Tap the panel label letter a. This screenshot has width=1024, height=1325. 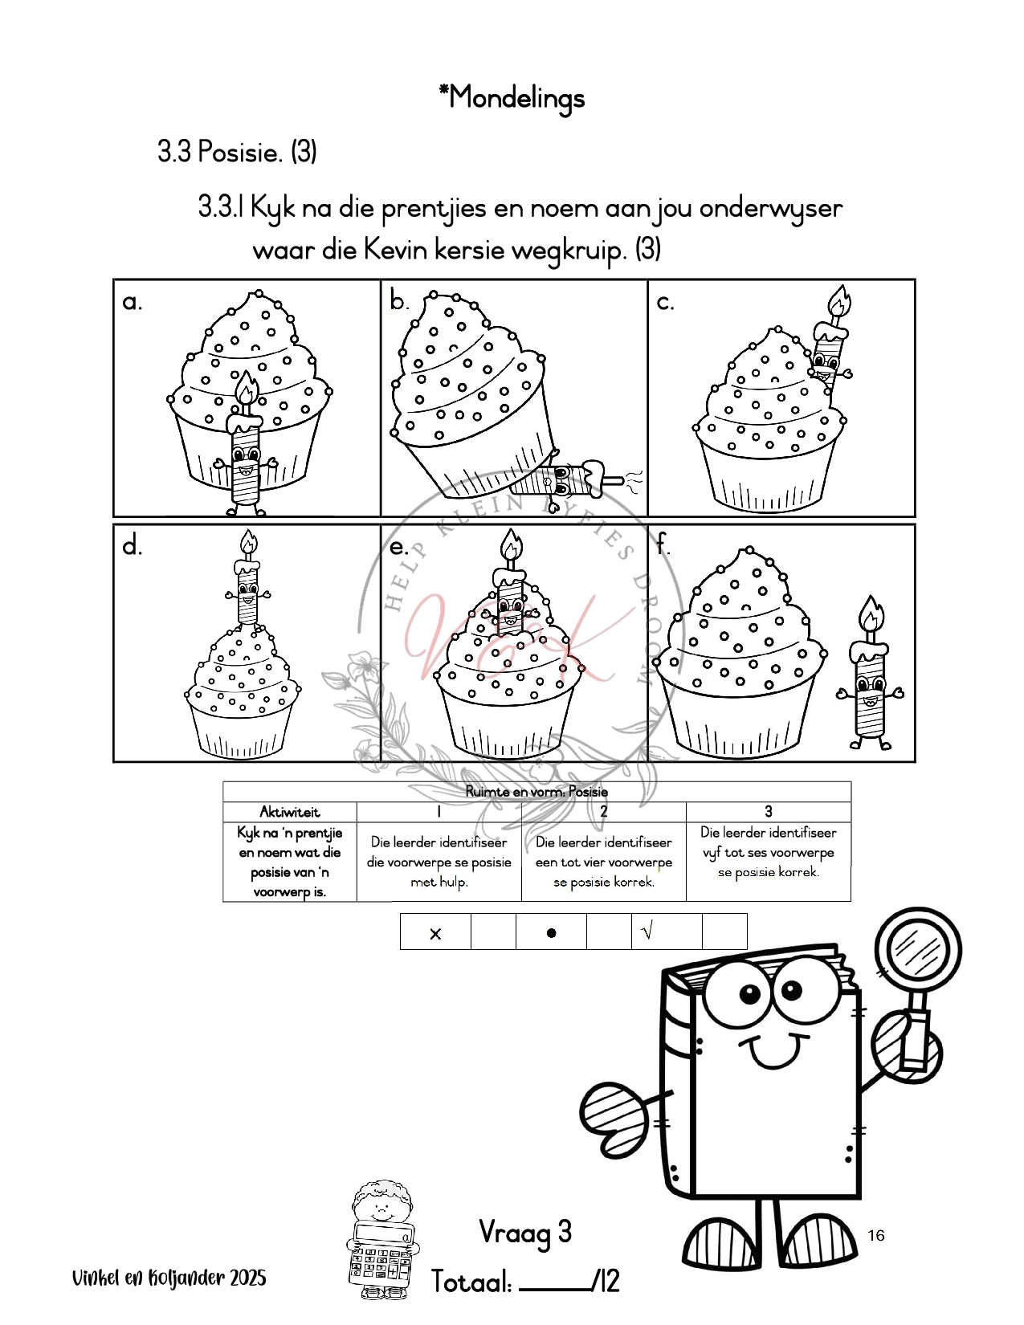coord(132,302)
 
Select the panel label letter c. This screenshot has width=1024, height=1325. coord(665,302)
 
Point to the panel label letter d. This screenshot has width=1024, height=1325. coord(132,546)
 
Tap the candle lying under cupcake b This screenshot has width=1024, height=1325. coord(566,480)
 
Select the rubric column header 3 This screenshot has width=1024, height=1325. coord(768,811)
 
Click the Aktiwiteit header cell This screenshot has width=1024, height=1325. coord(289,811)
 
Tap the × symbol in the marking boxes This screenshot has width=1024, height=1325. coord(435,933)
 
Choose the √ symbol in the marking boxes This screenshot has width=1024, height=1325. coord(647,932)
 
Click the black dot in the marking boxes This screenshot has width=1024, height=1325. coord(551,933)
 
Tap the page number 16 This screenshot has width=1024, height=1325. coord(875,1235)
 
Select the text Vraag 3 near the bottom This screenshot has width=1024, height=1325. coord(525,1232)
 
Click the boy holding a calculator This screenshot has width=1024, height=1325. coord(382,1238)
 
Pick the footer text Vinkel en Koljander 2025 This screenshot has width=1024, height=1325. coord(169,1278)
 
